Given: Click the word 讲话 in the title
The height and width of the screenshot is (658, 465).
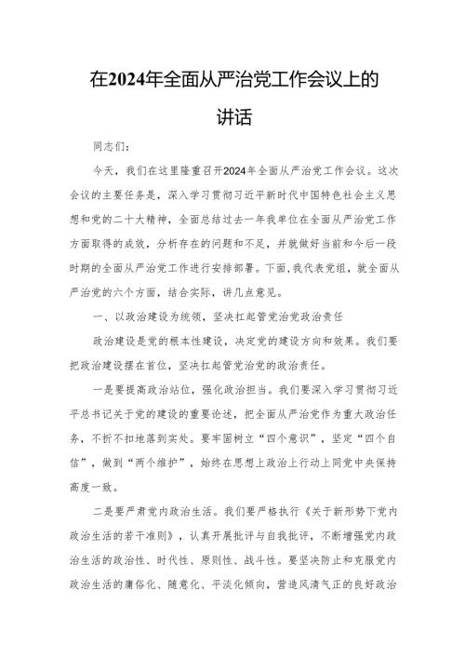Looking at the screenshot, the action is (x=232, y=121).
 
